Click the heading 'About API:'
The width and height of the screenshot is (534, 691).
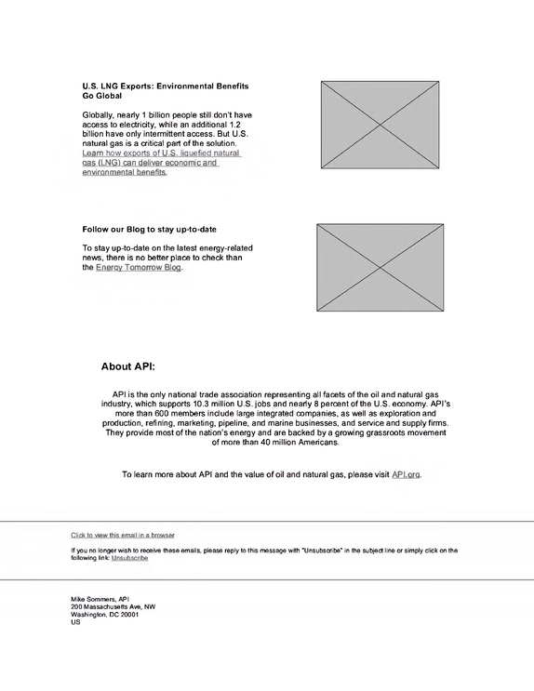coord(127,366)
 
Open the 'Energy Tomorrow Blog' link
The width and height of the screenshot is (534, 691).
coord(139,268)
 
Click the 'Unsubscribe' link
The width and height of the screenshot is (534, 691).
coord(129,558)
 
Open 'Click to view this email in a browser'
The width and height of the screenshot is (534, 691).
coord(123,535)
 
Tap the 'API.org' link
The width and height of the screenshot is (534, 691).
coord(406,474)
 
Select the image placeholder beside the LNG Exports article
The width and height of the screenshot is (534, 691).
coord(380,125)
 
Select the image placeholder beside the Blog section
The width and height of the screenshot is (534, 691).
coord(380,268)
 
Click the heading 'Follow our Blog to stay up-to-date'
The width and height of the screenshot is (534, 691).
coord(149,229)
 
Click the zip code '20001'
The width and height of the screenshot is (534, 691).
coord(129,615)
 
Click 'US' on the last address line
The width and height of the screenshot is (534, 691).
coord(75,622)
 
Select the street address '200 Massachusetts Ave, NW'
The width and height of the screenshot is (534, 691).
coord(113,606)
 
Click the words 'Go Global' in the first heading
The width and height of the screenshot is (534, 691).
coord(101,96)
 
